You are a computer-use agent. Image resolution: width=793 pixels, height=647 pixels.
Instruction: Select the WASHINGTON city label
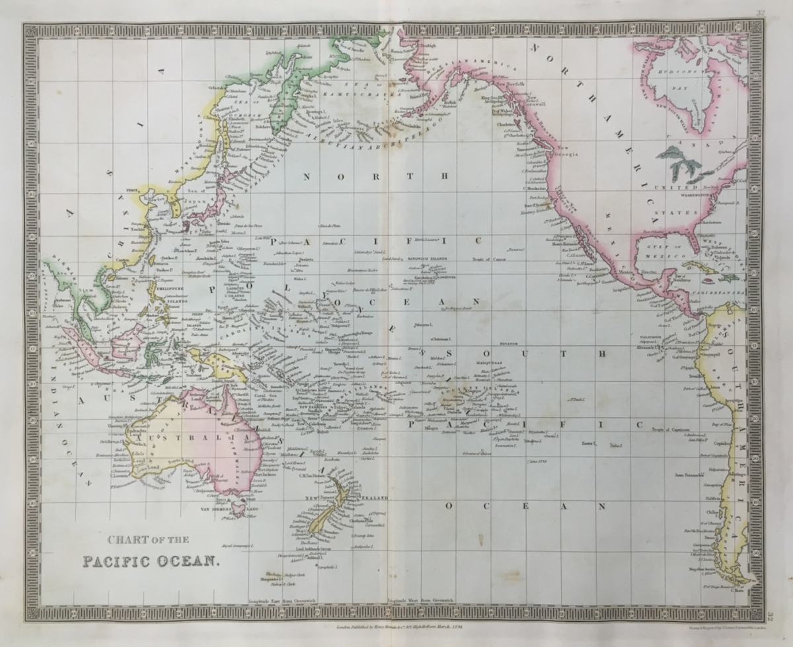708,196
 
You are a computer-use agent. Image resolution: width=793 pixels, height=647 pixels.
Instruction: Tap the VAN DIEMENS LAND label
225,510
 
